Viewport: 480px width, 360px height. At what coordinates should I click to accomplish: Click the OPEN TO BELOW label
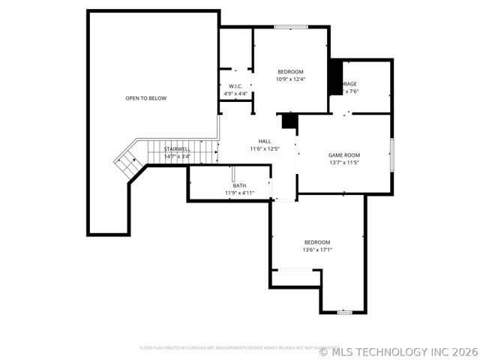(145, 98)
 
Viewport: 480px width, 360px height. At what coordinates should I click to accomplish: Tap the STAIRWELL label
(178, 149)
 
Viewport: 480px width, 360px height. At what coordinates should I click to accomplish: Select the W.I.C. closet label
(235, 87)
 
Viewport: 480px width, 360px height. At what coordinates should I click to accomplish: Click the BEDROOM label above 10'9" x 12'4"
(290, 71)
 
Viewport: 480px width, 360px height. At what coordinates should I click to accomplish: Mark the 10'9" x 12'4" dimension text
(290, 79)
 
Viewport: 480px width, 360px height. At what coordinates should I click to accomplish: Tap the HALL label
(265, 141)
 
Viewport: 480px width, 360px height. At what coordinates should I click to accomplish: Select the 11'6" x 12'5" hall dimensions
(265, 148)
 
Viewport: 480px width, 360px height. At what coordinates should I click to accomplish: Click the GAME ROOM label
(344, 155)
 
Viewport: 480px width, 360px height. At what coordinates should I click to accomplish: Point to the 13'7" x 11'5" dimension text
(344, 163)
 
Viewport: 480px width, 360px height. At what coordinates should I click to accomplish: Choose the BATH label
(239, 185)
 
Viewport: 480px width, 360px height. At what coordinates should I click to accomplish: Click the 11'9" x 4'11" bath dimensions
(239, 193)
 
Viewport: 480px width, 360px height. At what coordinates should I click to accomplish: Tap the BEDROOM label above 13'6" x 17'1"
(316, 242)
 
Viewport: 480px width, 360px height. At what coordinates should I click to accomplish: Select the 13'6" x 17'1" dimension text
(316, 250)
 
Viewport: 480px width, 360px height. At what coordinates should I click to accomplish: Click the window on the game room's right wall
(391, 153)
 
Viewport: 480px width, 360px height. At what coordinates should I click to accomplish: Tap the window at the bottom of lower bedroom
(344, 312)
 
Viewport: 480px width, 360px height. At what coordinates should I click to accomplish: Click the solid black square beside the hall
(289, 121)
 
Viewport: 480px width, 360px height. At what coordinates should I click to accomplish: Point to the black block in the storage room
(335, 77)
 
